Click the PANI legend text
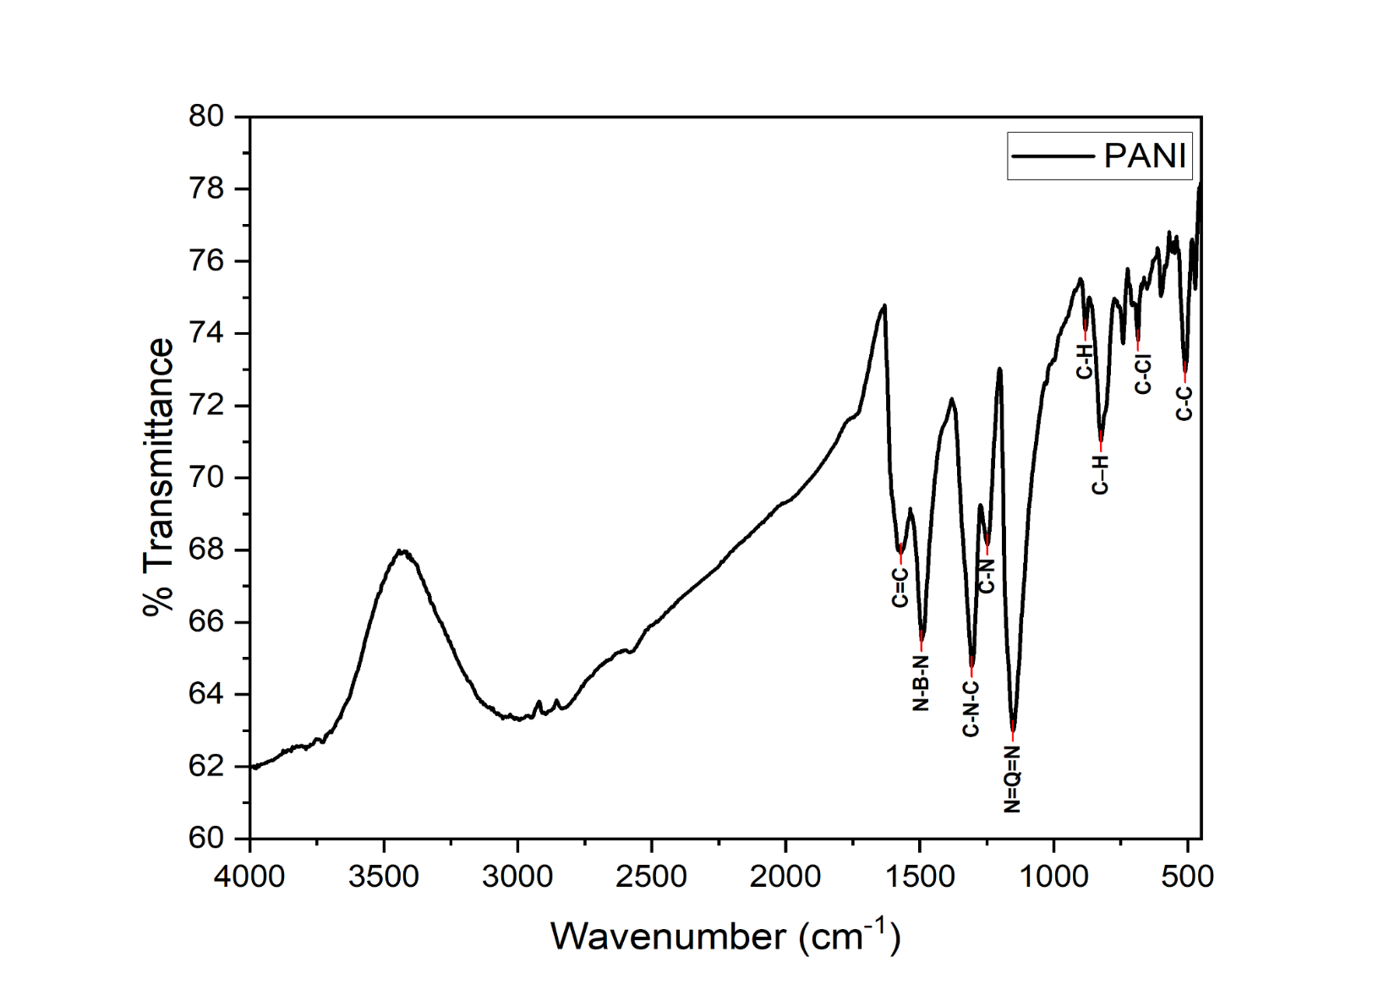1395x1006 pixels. click(x=1145, y=156)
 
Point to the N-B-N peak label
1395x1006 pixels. click(x=921, y=683)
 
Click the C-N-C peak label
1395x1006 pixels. click(x=971, y=708)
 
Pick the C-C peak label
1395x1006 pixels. click(x=1184, y=403)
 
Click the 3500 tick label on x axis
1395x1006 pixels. click(x=384, y=877)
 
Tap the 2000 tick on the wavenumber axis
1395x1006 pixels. click(x=785, y=877)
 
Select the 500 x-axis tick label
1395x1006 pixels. click(x=1187, y=877)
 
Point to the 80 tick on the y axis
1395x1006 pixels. click(x=206, y=117)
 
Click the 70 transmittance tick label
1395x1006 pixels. click(x=206, y=478)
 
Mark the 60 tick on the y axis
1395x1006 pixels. click(x=206, y=838)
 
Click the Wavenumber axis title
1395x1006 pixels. click(x=725, y=936)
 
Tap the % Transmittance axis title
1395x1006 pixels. click(x=159, y=478)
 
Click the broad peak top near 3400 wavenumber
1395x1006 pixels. click(x=404, y=551)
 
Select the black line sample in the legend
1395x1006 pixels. click(x=1053, y=156)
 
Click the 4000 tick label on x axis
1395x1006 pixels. click(x=249, y=877)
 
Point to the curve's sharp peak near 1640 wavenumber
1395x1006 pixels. click(x=884, y=305)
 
